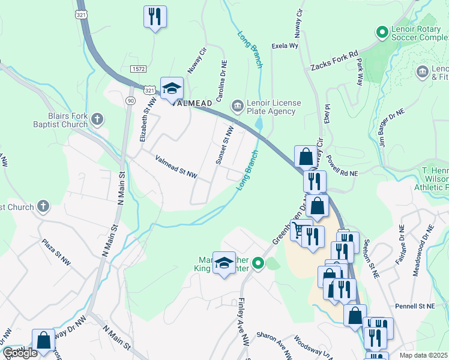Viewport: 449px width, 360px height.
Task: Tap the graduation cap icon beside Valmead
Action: [x=172, y=88]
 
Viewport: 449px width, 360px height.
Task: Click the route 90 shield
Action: [x=130, y=100]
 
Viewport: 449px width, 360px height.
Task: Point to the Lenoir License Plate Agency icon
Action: [x=238, y=106]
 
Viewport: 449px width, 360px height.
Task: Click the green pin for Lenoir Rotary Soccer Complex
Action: [x=381, y=31]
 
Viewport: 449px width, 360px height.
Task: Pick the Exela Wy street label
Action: [x=285, y=45]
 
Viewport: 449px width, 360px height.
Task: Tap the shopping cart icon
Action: [x=298, y=230]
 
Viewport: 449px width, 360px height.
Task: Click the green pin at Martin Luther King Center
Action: [x=258, y=263]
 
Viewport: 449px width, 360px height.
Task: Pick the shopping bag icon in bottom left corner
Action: [x=43, y=339]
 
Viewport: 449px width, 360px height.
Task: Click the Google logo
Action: [x=20, y=353]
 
